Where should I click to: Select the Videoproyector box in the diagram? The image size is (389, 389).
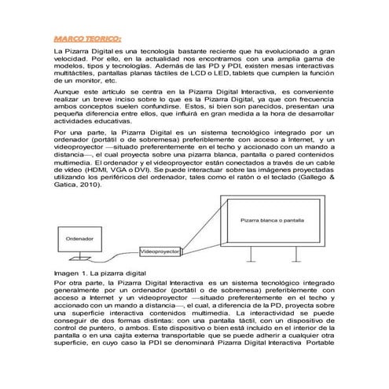pyautogui.click(x=160, y=251)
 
